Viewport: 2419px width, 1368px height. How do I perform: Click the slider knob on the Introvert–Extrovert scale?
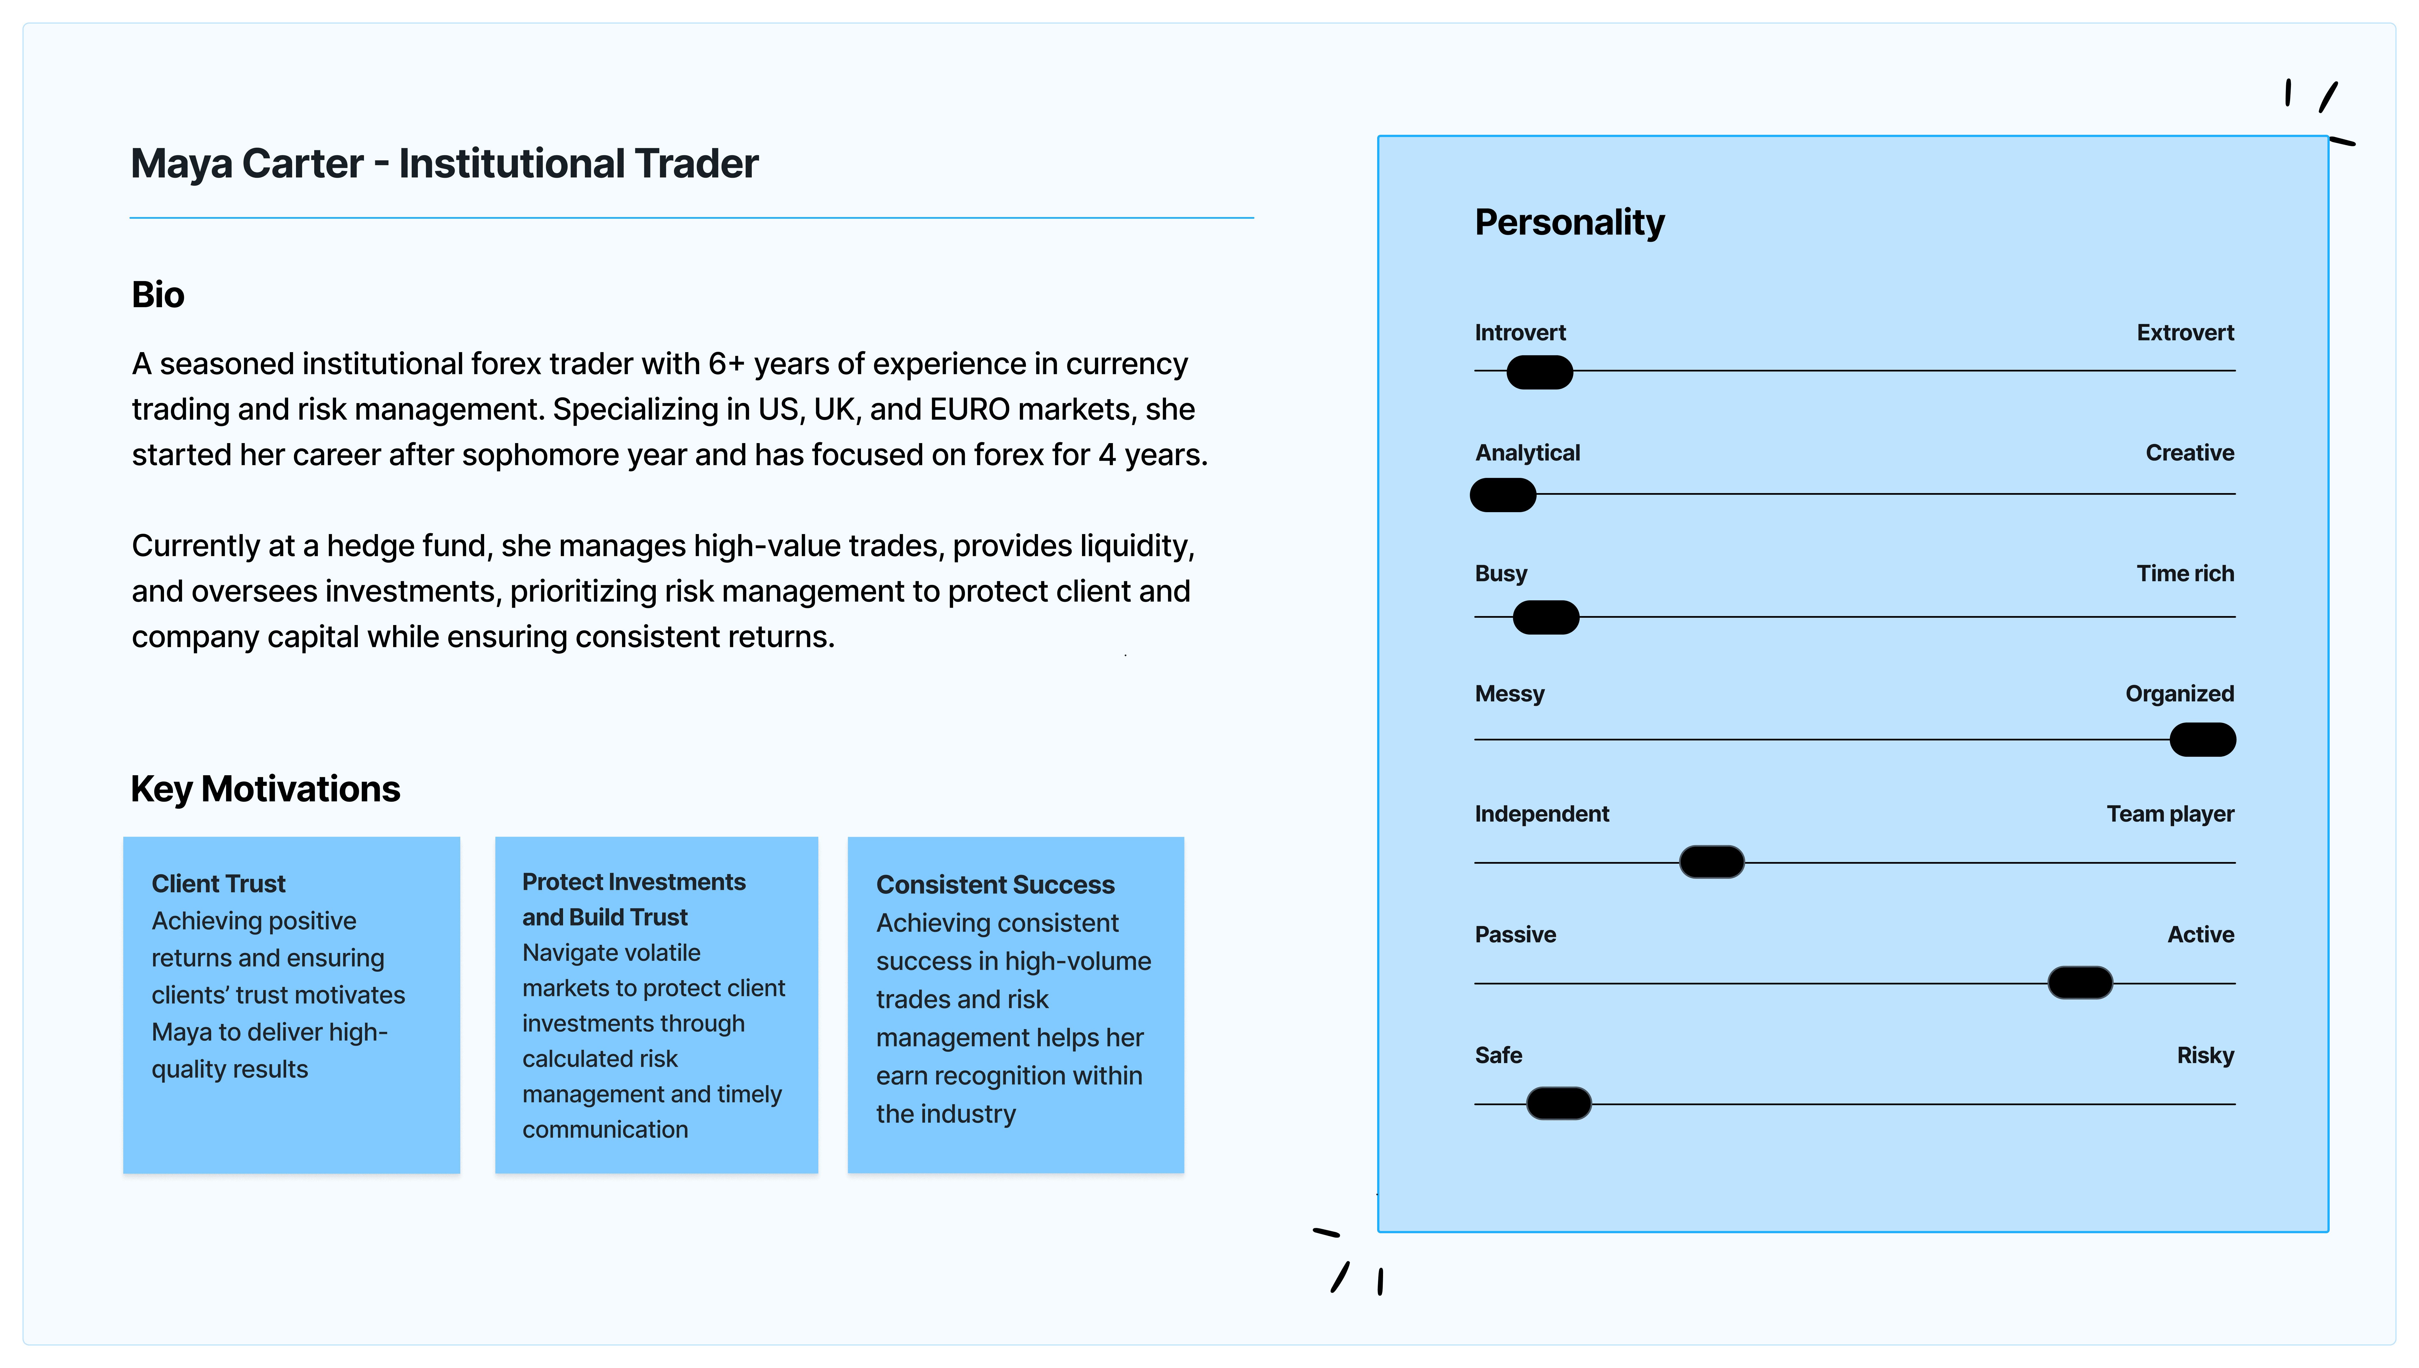(x=1539, y=372)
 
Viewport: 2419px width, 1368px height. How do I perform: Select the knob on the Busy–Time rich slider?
(x=1545, y=617)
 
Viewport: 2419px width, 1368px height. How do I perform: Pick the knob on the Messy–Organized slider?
(x=2202, y=739)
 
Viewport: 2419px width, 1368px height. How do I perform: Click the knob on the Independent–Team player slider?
(x=1711, y=861)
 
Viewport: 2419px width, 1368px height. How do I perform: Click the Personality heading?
(x=1569, y=223)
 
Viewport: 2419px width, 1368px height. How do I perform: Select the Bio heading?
(x=158, y=295)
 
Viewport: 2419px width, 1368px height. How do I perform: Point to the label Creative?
(x=2189, y=453)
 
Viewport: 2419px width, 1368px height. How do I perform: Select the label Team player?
(x=2169, y=814)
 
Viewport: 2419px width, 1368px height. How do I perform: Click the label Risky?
(x=2205, y=1055)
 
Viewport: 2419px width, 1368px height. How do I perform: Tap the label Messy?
(x=1509, y=693)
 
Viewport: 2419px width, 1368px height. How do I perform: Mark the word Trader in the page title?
(x=696, y=165)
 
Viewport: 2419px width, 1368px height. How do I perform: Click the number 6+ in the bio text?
(x=726, y=364)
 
